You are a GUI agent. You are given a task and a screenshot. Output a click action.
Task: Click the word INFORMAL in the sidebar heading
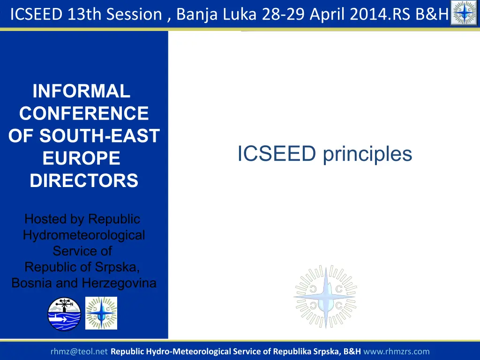[x=82, y=91]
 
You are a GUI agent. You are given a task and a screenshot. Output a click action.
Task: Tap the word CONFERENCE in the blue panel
[x=84, y=113]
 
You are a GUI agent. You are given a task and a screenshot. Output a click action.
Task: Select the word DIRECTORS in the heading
[x=84, y=180]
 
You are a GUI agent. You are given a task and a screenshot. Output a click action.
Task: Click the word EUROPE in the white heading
[x=82, y=158]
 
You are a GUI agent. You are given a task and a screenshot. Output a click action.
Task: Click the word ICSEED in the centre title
[x=277, y=153]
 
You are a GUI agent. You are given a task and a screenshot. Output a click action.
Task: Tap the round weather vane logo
[x=64, y=314]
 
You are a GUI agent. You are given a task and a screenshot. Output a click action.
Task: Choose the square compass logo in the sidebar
[x=101, y=313]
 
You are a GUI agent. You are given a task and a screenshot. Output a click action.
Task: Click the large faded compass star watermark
[x=325, y=297]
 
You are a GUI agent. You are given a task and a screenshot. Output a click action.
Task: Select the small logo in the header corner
[x=465, y=13]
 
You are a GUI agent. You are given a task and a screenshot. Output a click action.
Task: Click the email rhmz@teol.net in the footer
[x=79, y=352]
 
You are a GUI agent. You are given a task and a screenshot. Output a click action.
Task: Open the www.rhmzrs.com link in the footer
[x=397, y=352]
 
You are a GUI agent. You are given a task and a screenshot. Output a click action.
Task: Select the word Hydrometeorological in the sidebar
[x=84, y=236]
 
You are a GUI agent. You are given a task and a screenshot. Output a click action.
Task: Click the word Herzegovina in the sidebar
[x=119, y=283]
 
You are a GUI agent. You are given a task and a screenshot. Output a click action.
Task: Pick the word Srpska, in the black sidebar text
[x=118, y=267]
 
